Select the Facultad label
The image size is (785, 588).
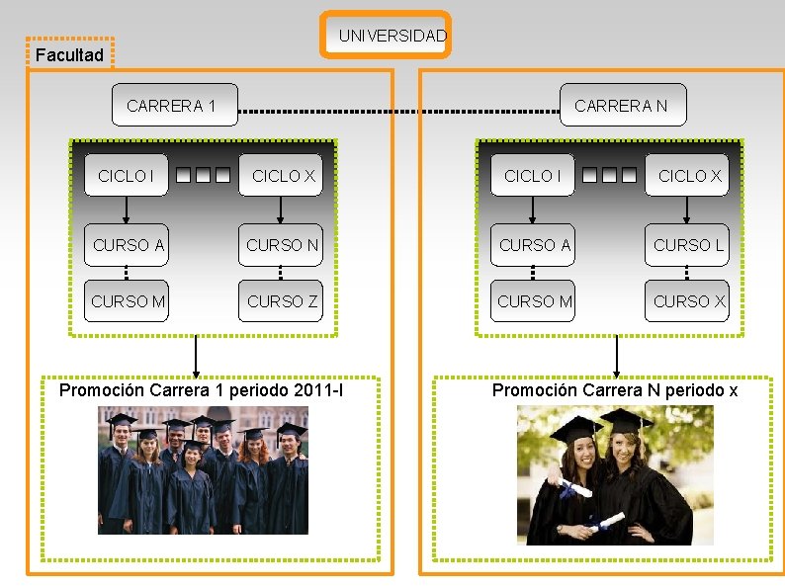click(69, 55)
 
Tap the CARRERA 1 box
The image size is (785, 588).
click(174, 106)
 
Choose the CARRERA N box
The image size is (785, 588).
click(621, 106)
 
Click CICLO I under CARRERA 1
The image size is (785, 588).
click(126, 176)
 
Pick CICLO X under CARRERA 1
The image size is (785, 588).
click(283, 176)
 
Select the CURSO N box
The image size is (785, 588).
click(283, 245)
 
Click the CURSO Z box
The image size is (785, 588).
click(283, 300)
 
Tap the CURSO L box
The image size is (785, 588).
click(690, 245)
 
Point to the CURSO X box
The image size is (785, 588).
click(690, 300)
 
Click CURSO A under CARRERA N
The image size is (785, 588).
click(535, 245)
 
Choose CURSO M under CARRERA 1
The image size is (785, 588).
click(128, 300)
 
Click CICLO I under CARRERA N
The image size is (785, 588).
click(532, 176)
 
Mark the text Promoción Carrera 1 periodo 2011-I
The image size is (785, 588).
click(202, 389)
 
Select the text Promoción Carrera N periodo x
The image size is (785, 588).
click(615, 389)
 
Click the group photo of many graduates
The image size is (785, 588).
click(203, 470)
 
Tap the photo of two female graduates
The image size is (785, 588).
click(614, 474)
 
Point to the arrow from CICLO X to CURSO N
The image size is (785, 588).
click(282, 210)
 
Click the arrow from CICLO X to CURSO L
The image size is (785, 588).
click(689, 210)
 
